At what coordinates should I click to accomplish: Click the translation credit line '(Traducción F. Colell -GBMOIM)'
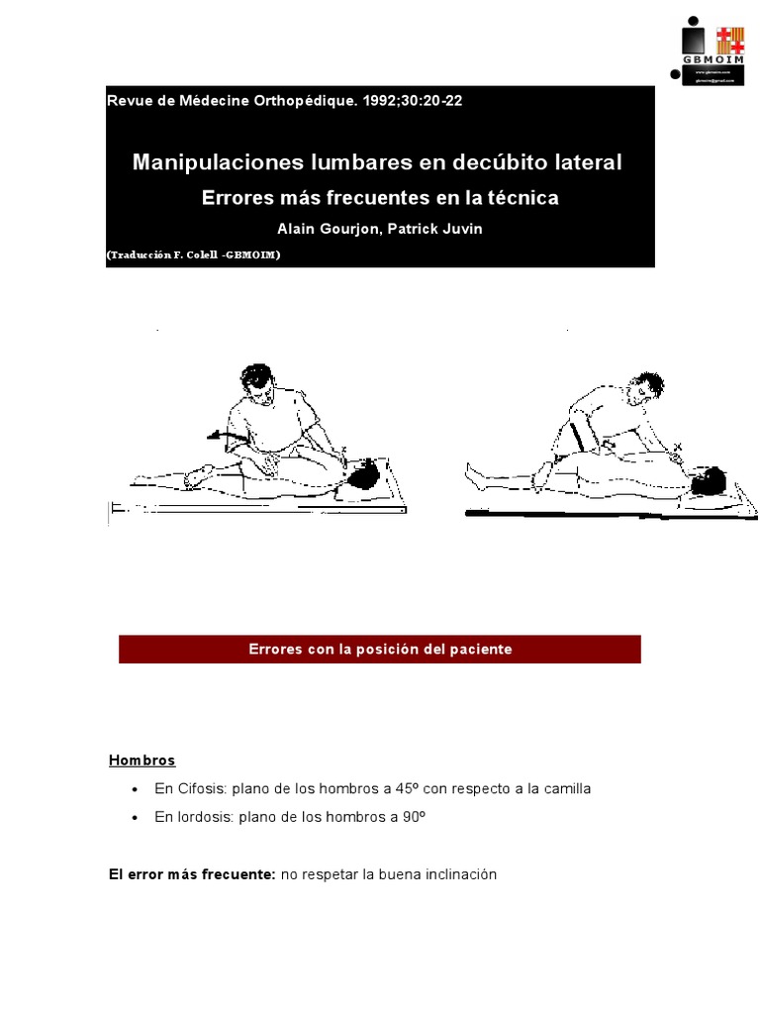[x=194, y=255]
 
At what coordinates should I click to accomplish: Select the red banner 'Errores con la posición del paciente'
[x=380, y=650]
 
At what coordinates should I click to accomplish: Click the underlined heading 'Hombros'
[x=142, y=760]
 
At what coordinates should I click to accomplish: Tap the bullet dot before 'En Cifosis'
[x=135, y=789]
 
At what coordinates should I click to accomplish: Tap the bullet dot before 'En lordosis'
[x=135, y=818]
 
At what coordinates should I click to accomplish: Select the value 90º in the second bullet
[x=416, y=818]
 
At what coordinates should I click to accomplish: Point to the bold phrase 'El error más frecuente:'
[x=192, y=875]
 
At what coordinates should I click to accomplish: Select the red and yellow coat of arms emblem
[x=730, y=40]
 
